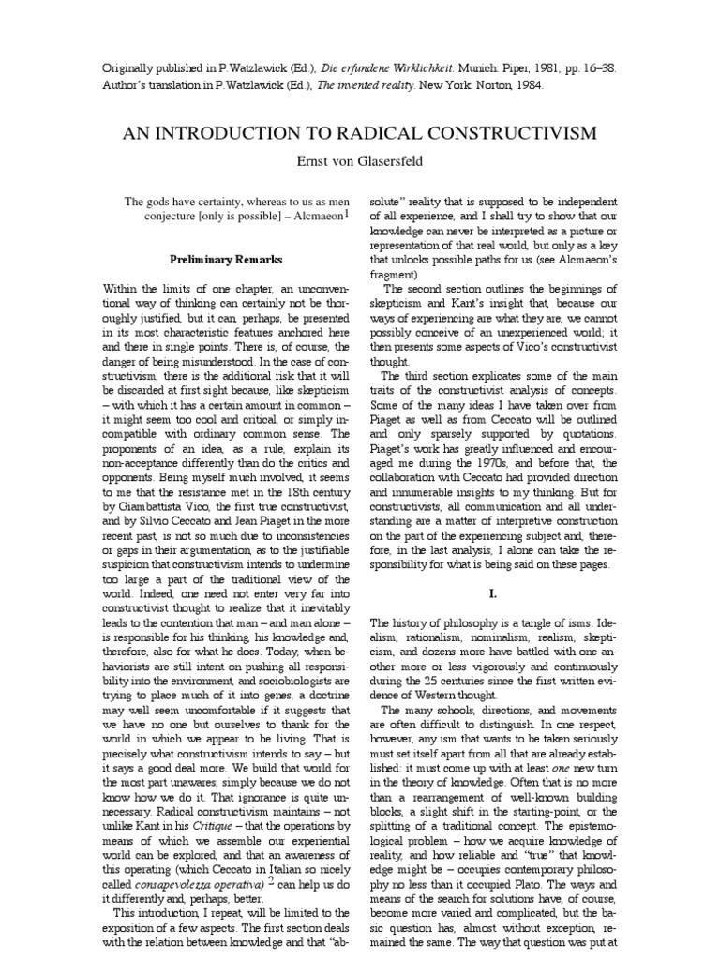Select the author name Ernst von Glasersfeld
359,161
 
